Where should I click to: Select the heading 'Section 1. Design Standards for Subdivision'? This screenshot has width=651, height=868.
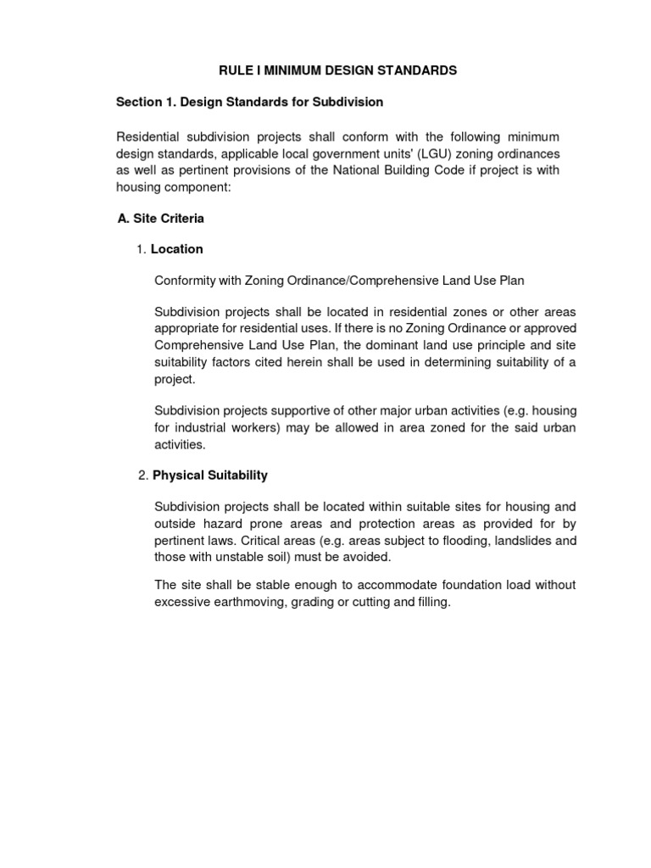(x=249, y=102)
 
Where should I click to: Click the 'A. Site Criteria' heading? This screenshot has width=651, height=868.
(x=160, y=219)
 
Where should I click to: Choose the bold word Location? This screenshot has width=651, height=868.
(x=176, y=249)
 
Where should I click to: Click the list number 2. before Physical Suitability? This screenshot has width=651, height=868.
(x=142, y=476)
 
